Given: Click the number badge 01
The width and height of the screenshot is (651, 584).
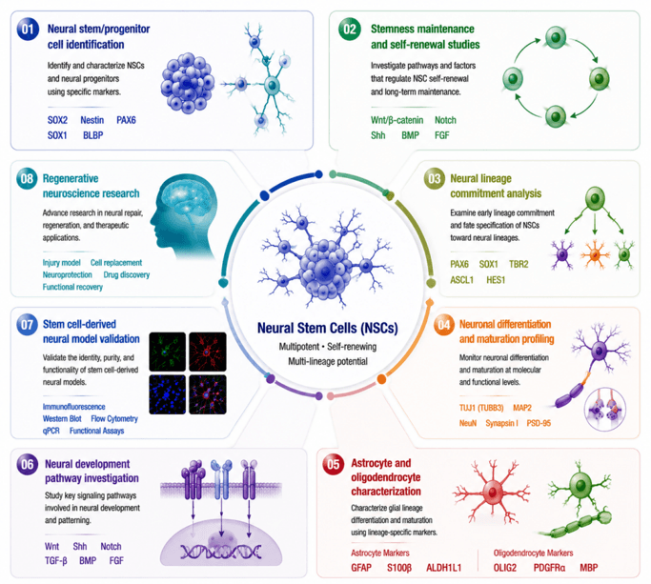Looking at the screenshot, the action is [x=28, y=30].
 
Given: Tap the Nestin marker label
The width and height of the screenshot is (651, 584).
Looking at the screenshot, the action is [x=92, y=120].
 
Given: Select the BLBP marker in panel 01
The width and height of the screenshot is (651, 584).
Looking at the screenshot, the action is [x=93, y=135].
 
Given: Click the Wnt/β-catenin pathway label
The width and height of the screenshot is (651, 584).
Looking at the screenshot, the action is [x=397, y=120].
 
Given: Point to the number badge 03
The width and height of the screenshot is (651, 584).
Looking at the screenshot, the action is [x=435, y=179].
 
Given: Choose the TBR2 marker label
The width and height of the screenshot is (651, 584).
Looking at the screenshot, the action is [x=519, y=265].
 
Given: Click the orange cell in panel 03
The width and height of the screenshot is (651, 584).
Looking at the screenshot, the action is [x=595, y=254].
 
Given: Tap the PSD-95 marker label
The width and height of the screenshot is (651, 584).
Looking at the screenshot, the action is [x=539, y=423].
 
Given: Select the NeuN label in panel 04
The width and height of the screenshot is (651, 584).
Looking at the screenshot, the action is [x=467, y=423].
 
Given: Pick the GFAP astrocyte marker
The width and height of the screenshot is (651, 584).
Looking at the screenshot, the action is [x=361, y=568].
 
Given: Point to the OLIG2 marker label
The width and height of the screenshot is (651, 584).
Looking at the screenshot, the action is [x=505, y=568].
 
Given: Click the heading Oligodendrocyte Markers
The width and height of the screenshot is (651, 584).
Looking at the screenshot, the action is [x=533, y=553].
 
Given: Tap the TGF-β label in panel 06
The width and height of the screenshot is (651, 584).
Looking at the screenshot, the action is [x=55, y=561].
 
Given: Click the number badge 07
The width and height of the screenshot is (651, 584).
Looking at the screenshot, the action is [x=27, y=325].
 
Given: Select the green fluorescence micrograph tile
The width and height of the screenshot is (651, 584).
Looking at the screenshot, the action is [x=168, y=352].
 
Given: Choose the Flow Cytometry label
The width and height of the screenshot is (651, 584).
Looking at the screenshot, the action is [x=114, y=419].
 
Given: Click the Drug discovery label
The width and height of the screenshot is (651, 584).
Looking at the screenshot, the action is [x=127, y=274].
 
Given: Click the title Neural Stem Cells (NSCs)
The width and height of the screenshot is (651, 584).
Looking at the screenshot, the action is [x=328, y=329].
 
